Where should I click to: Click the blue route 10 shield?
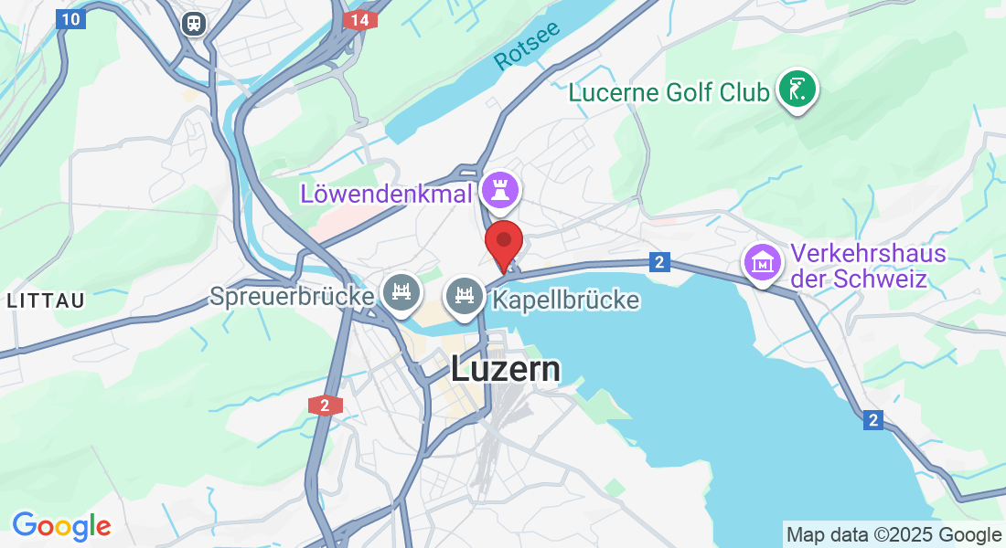(x=70, y=18)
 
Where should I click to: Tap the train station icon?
(x=194, y=23)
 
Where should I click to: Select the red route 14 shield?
(x=359, y=19)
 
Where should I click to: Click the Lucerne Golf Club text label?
(x=669, y=92)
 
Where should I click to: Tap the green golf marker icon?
(x=797, y=90)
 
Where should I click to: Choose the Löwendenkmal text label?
(x=386, y=193)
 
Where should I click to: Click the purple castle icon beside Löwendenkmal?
(x=500, y=190)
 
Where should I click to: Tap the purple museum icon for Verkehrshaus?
(x=762, y=262)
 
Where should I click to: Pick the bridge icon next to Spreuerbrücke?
(x=401, y=293)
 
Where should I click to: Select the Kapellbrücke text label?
(x=565, y=300)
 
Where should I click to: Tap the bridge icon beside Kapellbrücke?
(x=464, y=296)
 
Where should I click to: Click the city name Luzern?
(x=505, y=368)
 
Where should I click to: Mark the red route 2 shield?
(x=325, y=405)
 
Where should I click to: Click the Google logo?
(x=61, y=526)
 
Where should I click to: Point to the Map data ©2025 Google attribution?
(x=894, y=534)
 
